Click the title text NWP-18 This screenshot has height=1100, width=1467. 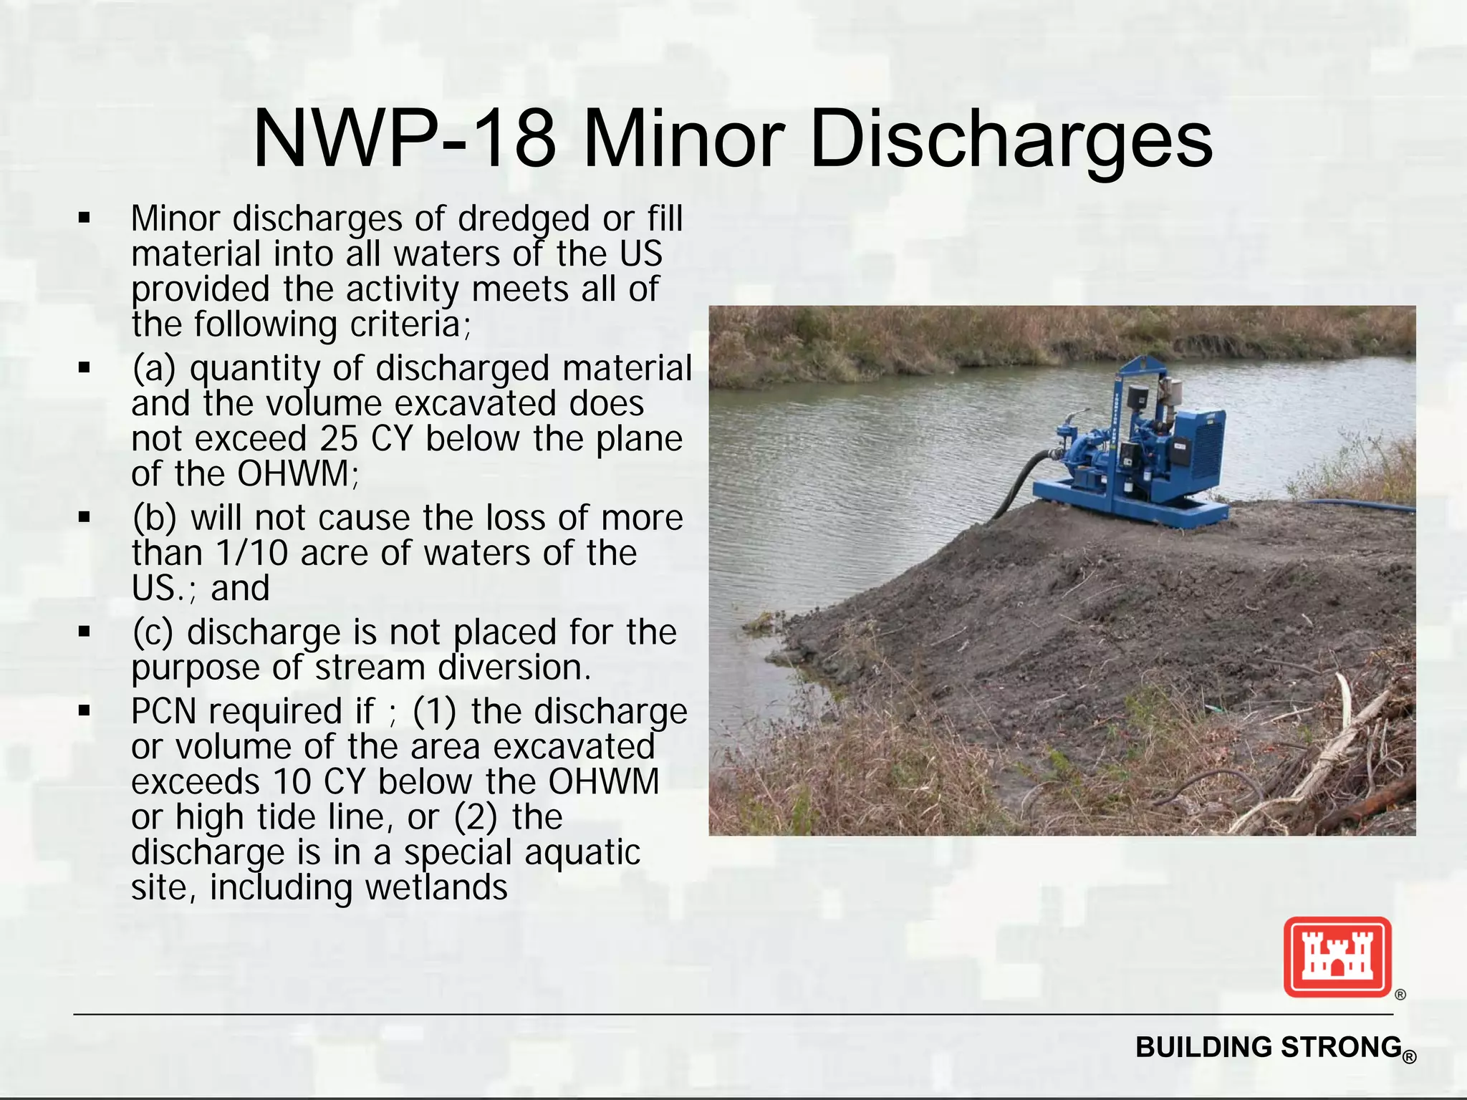(x=405, y=139)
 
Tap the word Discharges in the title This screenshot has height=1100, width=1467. (x=1011, y=139)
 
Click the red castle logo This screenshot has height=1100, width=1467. (x=1337, y=957)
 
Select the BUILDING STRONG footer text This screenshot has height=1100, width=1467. (x=1269, y=1047)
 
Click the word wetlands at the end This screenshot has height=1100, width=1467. (x=436, y=887)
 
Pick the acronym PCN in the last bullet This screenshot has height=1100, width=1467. (x=164, y=712)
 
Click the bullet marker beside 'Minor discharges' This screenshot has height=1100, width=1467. (x=85, y=218)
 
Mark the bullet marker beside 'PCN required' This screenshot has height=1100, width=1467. (x=85, y=711)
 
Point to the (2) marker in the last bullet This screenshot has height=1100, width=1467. (x=476, y=817)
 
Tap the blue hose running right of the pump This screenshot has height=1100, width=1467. (x=1354, y=505)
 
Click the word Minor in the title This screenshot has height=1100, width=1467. (x=685, y=139)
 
